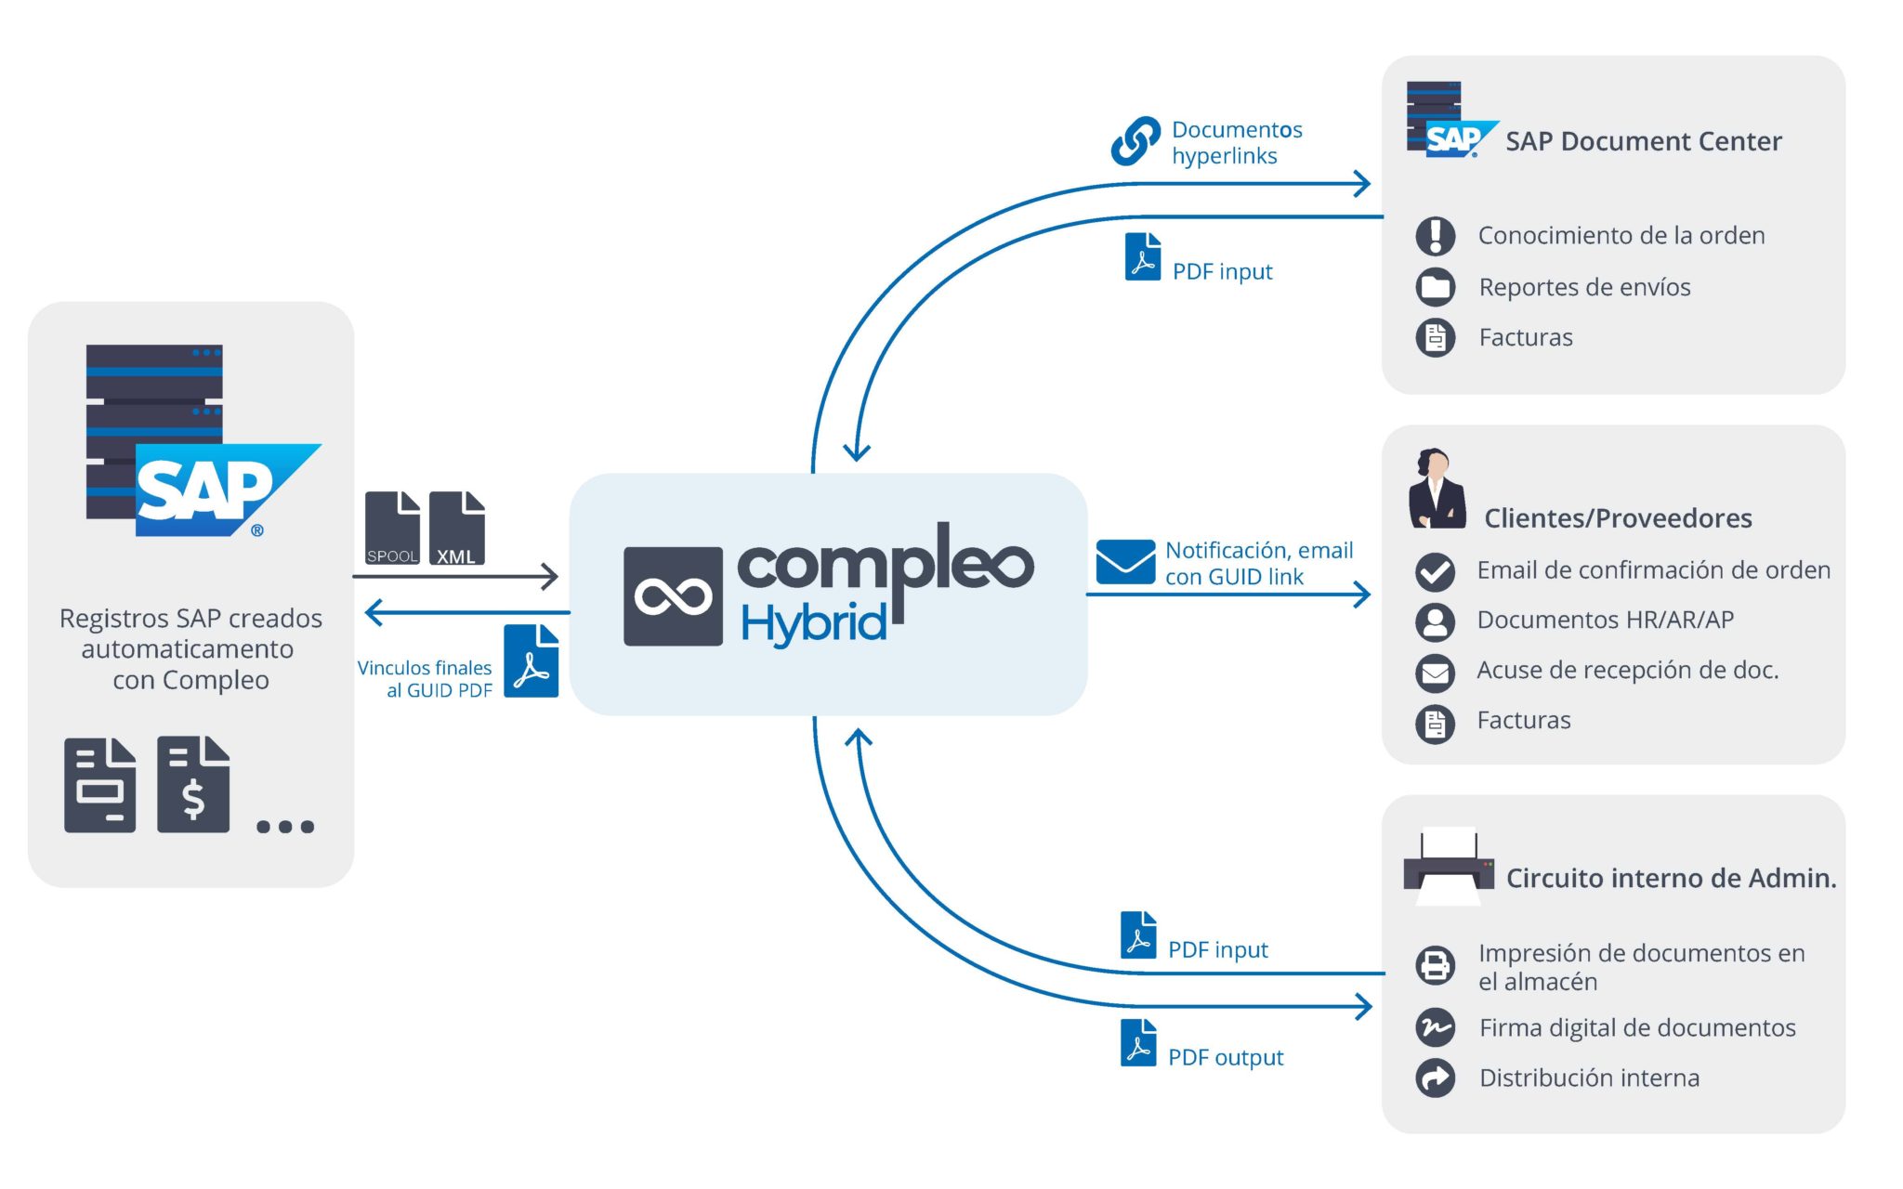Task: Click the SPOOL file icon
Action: (x=392, y=528)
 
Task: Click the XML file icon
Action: (x=457, y=528)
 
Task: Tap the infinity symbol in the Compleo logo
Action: (x=674, y=596)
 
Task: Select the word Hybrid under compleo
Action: (x=814, y=623)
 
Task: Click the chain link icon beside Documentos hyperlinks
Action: (x=1135, y=141)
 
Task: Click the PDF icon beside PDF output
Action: (x=1138, y=1043)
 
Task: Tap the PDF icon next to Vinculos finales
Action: (x=532, y=660)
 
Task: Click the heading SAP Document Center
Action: (x=1644, y=141)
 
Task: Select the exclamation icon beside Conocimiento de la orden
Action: (x=1436, y=236)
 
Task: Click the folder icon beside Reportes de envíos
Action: (x=1436, y=287)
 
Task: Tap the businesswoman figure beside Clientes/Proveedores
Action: (x=1437, y=489)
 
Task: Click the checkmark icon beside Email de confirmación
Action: (x=1436, y=571)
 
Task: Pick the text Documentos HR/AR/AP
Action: (x=1606, y=620)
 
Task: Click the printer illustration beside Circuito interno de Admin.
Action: (x=1449, y=867)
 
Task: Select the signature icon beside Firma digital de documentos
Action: (x=1436, y=1027)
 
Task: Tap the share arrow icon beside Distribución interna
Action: (x=1436, y=1078)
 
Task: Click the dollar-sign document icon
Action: (x=193, y=784)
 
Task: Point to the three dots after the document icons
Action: (x=285, y=826)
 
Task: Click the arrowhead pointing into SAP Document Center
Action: (x=1362, y=183)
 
